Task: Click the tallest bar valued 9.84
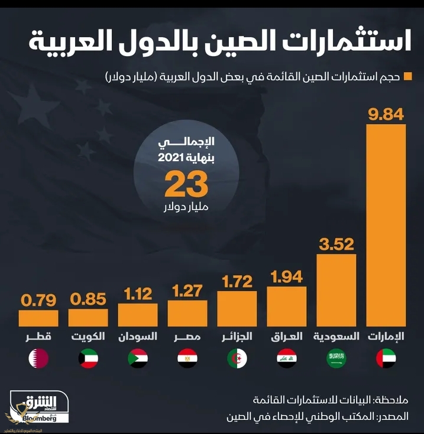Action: pyautogui.click(x=386, y=224)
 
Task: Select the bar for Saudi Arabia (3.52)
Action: pyautogui.click(x=336, y=289)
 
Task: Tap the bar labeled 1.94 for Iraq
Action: pyautogui.click(x=287, y=306)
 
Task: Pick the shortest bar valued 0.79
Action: pyautogui.click(x=38, y=318)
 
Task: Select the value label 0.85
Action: pyautogui.click(x=88, y=298)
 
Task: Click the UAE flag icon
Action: pyautogui.click(x=386, y=358)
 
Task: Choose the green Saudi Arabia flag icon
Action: pyautogui.click(x=336, y=358)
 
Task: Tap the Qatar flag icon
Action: pyautogui.click(x=38, y=358)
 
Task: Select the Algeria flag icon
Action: pyautogui.click(x=237, y=358)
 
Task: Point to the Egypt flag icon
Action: pyautogui.click(x=187, y=358)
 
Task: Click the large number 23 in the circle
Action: pyautogui.click(x=186, y=185)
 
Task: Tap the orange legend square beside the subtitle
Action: pyautogui.click(x=407, y=77)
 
